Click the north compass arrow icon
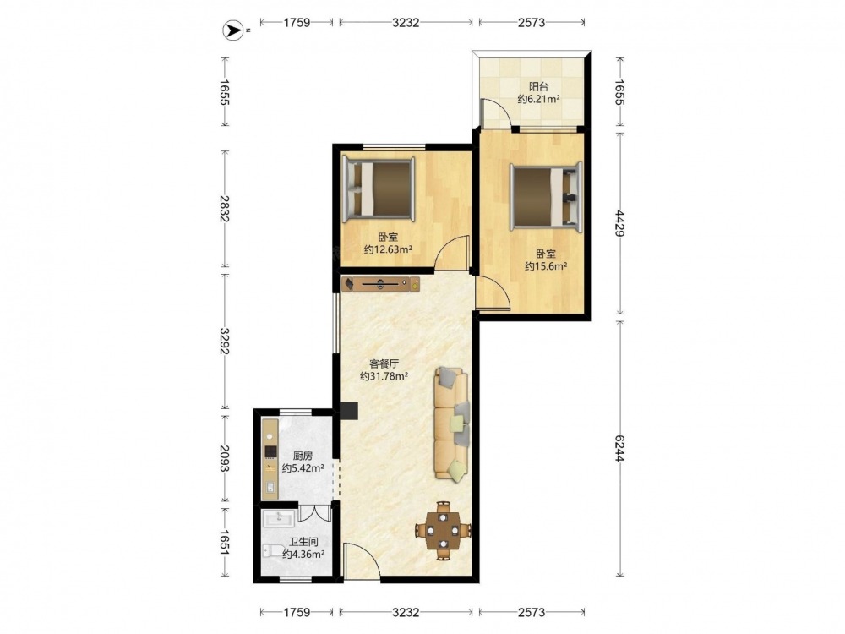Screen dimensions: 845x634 233,31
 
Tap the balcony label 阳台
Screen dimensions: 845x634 537,86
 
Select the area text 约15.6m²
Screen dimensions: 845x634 545,265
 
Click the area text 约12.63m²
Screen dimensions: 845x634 388,249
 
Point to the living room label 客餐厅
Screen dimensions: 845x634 384,363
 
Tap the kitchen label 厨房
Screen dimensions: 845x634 303,456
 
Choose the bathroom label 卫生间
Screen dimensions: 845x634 303,542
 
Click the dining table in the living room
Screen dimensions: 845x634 443,531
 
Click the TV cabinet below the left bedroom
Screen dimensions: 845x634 380,283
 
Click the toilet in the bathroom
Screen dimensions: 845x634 274,550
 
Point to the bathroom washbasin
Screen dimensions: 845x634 278,519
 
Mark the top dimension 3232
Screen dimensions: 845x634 406,22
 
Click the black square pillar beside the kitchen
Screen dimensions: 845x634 349,410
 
